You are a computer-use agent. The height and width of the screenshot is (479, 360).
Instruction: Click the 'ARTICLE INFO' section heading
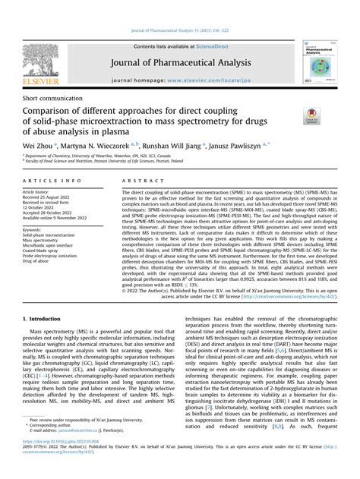53,181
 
